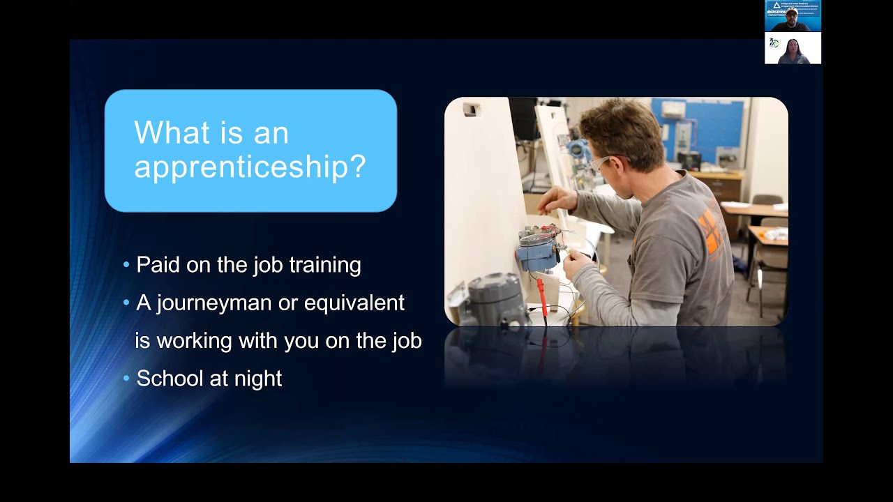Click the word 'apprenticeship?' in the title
point(249,166)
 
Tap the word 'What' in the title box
point(168,132)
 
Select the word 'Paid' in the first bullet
point(157,265)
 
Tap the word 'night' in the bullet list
point(258,379)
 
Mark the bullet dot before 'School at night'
point(126,379)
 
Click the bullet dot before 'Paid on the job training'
point(126,265)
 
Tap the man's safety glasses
point(599,165)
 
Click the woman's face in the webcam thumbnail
point(793,47)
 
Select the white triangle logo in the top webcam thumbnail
point(776,6)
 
